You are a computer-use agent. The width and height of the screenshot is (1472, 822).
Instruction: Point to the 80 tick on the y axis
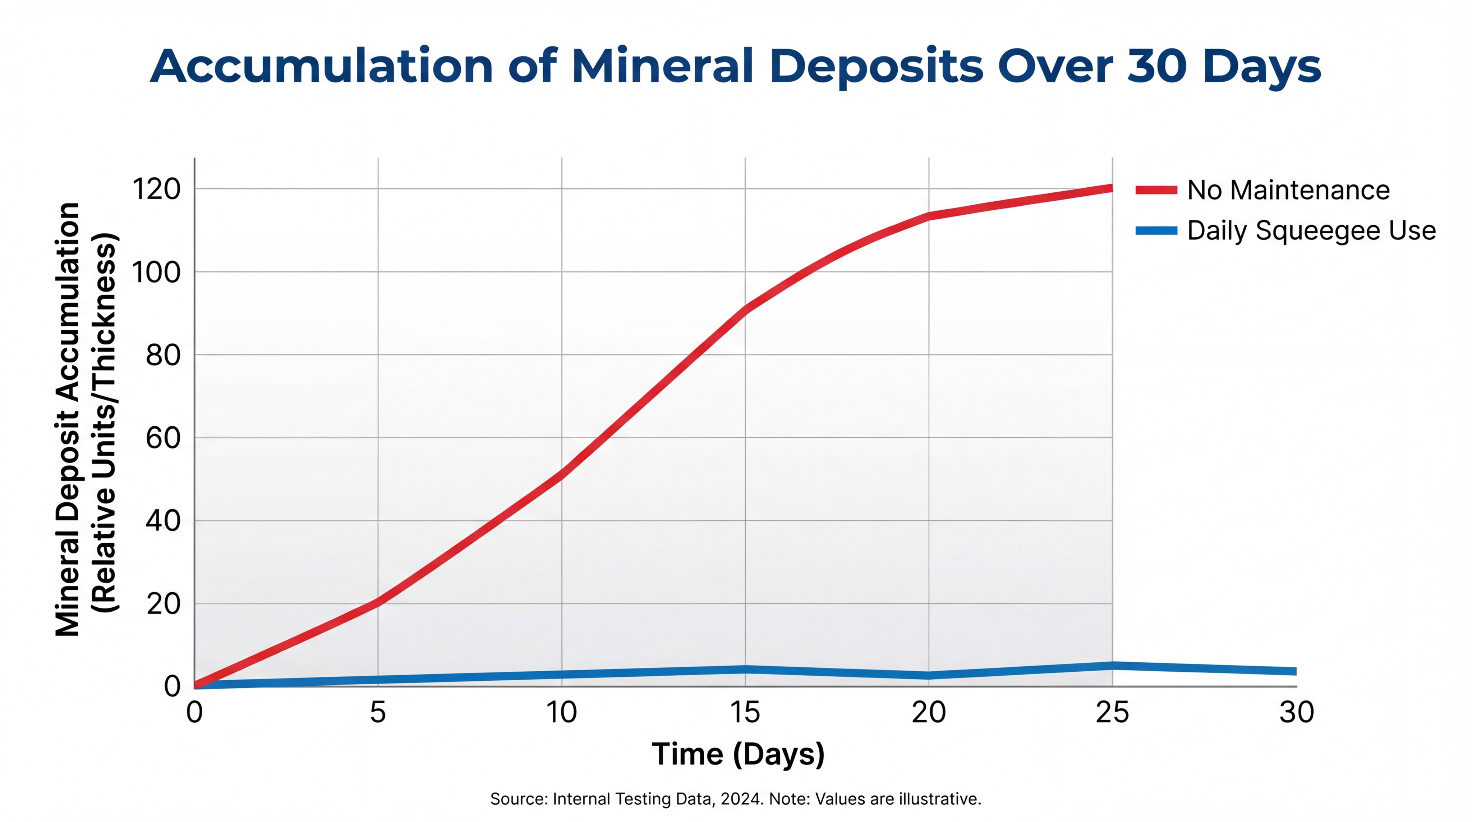coord(163,355)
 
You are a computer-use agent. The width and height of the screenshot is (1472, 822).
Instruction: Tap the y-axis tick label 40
coord(163,521)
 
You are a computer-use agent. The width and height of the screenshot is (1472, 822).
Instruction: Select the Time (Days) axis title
coord(738,754)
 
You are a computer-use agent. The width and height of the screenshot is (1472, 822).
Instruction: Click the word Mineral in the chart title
coord(662,66)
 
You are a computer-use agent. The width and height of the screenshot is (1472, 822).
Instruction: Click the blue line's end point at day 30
coord(1294,671)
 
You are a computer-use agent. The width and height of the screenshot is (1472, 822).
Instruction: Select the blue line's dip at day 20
coord(929,675)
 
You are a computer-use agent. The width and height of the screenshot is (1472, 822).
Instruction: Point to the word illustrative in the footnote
coord(939,799)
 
